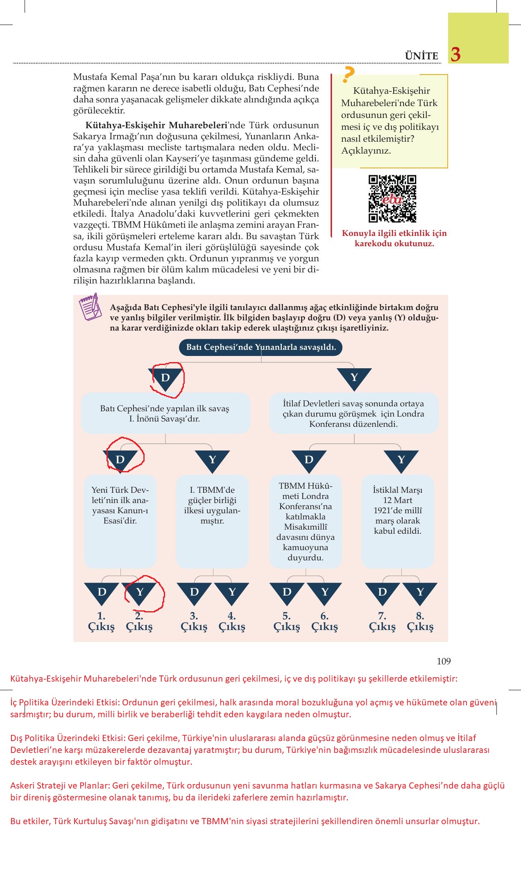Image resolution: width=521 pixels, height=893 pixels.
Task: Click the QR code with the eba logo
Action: tap(392, 199)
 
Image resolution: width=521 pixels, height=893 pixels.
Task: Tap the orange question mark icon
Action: tap(348, 75)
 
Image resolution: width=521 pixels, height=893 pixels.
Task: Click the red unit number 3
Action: tap(455, 54)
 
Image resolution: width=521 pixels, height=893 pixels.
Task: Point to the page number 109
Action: tap(444, 661)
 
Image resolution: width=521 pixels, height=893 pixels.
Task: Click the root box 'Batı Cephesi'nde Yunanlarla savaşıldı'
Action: tap(261, 347)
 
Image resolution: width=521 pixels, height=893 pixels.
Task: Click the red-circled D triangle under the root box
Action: tap(166, 378)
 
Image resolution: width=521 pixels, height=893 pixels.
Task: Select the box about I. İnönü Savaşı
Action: tap(165, 413)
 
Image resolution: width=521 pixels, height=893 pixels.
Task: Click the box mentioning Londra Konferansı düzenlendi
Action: tap(353, 413)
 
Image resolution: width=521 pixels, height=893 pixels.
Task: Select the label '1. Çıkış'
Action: tap(101, 621)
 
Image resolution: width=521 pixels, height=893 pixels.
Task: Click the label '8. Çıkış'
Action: tap(420, 621)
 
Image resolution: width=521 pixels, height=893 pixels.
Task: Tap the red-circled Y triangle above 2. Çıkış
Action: tap(140, 592)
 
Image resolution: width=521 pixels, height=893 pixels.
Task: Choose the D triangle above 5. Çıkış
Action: tap(287, 592)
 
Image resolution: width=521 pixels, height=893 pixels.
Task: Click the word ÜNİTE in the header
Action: tap(421, 56)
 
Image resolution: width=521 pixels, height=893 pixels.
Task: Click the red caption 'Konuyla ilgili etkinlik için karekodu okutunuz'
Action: tap(394, 238)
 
